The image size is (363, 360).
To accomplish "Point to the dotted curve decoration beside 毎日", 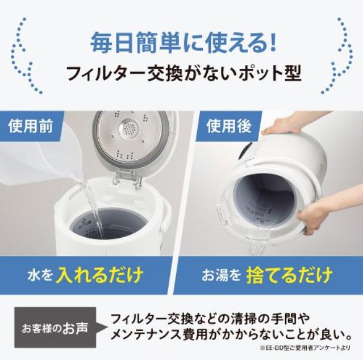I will (28, 55).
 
